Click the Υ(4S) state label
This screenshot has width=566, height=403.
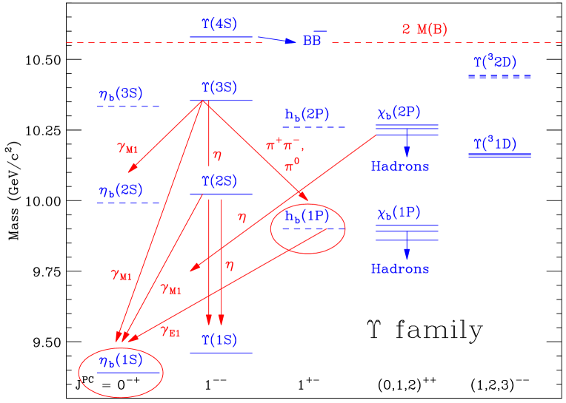coord(219,24)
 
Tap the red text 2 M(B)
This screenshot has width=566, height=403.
coord(424,30)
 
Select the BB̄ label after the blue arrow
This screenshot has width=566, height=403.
coord(313,41)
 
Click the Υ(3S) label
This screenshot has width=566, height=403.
coord(219,87)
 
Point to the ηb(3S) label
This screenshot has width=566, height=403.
coord(120,94)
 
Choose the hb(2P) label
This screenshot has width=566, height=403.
coord(307,115)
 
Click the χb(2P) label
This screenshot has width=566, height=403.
coord(399,113)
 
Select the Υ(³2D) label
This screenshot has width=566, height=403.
coord(495,63)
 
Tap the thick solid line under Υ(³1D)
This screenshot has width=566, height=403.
coord(500,155)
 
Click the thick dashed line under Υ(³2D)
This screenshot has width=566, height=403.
coord(500,77)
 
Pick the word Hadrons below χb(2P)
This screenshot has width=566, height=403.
coord(400,166)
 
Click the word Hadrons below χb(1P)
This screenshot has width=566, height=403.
coord(400,268)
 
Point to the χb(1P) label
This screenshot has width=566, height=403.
coord(399,214)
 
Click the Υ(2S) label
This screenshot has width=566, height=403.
coord(219,180)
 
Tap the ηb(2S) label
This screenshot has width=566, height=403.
coord(120,190)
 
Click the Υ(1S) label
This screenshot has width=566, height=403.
coord(219,339)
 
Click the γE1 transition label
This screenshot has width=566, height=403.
coord(170,331)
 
